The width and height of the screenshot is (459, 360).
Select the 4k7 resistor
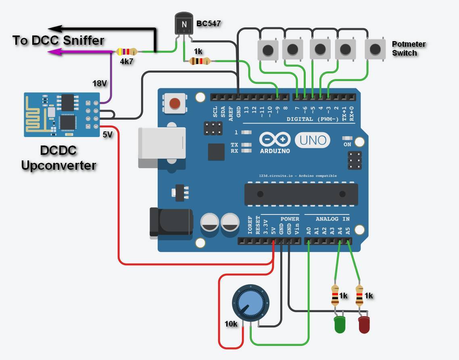tap(126, 52)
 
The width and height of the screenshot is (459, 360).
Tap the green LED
tap(340, 325)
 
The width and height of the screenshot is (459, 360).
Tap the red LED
tap(364, 325)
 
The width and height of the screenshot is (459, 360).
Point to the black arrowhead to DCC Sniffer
tap(54, 29)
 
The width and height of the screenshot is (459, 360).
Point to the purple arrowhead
tap(54, 52)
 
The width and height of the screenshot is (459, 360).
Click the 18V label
tap(100, 83)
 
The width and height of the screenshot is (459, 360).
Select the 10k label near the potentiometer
tap(231, 323)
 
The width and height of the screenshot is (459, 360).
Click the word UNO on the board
tap(313, 140)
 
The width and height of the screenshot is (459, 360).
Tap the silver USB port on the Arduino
tap(161, 147)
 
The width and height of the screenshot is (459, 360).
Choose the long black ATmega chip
tap(301, 194)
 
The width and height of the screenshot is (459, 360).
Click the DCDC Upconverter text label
tap(58, 158)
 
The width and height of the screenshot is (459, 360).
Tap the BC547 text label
tap(208, 23)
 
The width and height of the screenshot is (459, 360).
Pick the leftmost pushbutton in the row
tap(267, 50)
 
